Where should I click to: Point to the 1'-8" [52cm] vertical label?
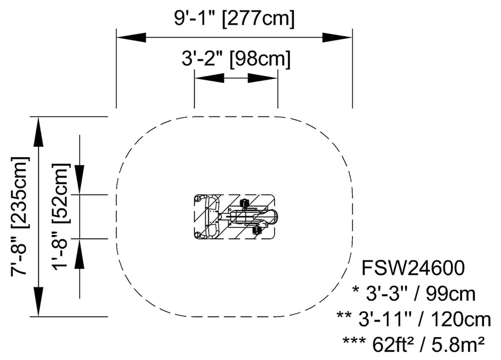(x=61, y=216)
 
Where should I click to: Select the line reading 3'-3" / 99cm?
(x=414, y=294)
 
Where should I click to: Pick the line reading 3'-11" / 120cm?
(x=414, y=319)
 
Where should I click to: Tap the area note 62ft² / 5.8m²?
(x=414, y=345)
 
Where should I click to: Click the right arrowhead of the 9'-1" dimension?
(x=337, y=37)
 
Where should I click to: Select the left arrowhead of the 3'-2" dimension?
(x=209, y=78)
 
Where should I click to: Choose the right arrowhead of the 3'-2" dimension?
(x=263, y=78)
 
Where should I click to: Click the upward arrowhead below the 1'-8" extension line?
(x=80, y=254)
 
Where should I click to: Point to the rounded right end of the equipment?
(x=275, y=215)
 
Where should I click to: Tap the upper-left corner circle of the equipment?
(x=198, y=199)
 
